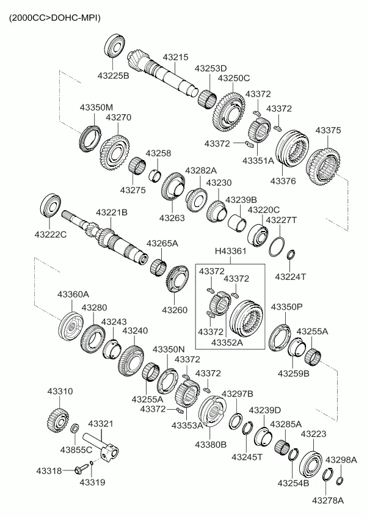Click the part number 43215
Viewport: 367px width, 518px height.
(175, 57)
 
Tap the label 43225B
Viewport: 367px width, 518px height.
(113, 76)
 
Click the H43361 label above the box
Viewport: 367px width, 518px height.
(230, 251)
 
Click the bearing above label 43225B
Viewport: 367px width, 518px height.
(115, 46)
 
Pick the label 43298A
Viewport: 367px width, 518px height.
(341, 459)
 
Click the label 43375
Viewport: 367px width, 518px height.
(328, 131)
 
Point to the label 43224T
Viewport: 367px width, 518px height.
(290, 277)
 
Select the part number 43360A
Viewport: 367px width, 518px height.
(73, 294)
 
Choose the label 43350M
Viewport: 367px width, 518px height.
(96, 108)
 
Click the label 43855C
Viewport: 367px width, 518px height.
(76, 450)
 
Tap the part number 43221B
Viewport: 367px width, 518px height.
(111, 213)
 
